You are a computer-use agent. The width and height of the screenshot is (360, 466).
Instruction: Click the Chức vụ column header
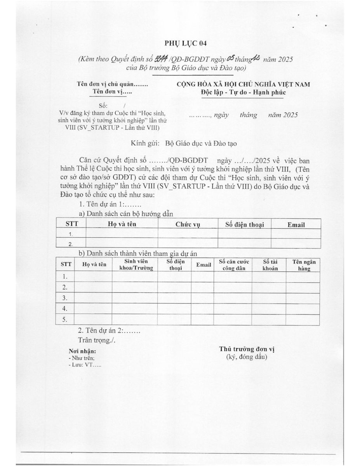click(x=188, y=224)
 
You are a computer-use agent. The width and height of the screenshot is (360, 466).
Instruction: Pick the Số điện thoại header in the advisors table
click(x=244, y=224)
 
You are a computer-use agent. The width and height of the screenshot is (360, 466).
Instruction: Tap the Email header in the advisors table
click(x=296, y=224)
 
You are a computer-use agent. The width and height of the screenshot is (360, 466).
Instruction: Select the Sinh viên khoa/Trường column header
click(x=136, y=264)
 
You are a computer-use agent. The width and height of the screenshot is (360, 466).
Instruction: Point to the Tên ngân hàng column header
click(x=304, y=264)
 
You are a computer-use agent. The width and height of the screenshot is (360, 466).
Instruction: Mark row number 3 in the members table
click(x=65, y=298)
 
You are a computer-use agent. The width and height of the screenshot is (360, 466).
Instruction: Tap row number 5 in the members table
click(x=65, y=320)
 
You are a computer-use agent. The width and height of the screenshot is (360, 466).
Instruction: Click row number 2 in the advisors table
click(x=71, y=244)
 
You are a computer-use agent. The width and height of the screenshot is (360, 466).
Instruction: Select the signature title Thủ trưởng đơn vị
click(x=247, y=349)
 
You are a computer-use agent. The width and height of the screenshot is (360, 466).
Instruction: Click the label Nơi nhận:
click(x=82, y=352)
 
